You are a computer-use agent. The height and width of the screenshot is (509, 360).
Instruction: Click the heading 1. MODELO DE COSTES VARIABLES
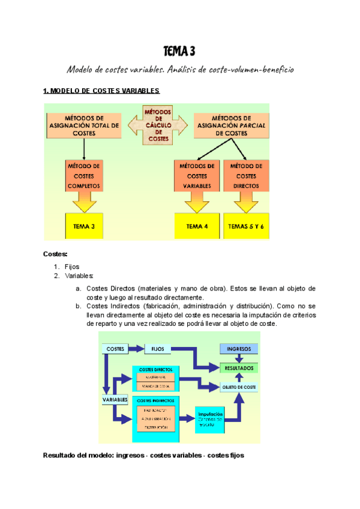[101, 91]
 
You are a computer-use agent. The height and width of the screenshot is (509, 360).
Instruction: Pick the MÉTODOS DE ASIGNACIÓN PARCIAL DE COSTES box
[231, 125]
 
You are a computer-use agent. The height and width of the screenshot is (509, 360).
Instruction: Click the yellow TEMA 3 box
[83, 226]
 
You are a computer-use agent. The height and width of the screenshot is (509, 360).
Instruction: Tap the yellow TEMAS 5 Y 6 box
[246, 226]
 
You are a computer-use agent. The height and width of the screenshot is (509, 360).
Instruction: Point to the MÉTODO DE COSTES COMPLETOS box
[84, 175]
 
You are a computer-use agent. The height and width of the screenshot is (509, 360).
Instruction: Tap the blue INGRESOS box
[239, 349]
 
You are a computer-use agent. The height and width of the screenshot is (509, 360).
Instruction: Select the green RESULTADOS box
[239, 367]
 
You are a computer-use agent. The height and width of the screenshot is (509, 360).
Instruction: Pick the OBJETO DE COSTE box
[239, 387]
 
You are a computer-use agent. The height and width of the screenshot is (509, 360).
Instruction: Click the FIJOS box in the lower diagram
[158, 348]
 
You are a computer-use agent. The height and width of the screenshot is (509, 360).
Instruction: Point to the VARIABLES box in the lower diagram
[115, 399]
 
